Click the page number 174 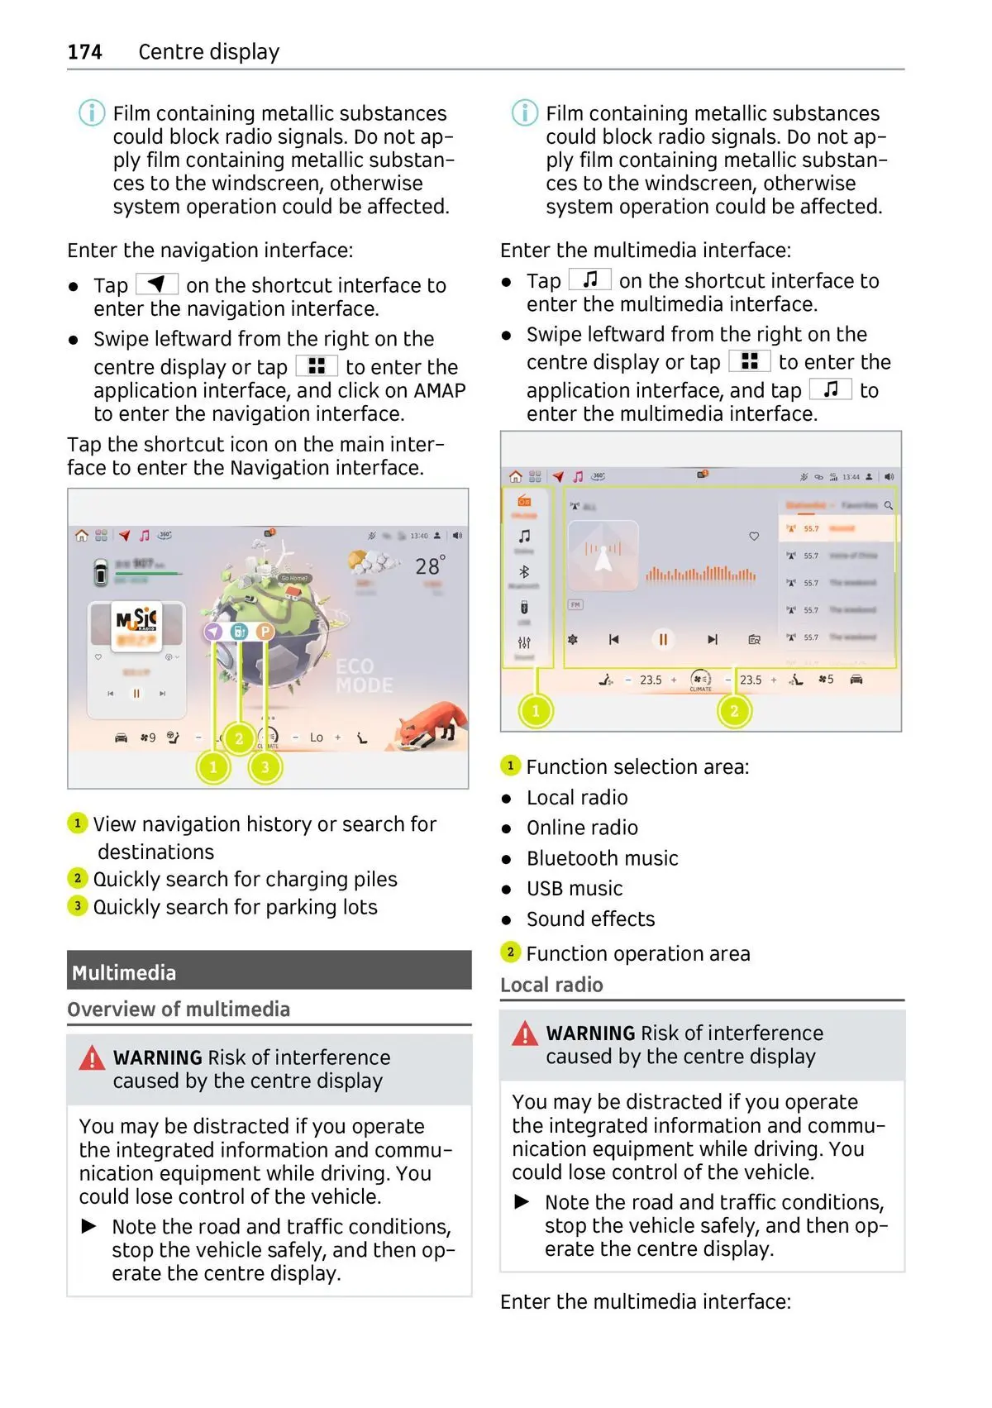click(x=84, y=52)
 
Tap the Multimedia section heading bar click(x=269, y=971)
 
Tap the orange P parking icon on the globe click(x=265, y=632)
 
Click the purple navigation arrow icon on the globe click(x=214, y=632)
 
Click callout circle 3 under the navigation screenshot click(x=265, y=767)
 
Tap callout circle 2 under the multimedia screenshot click(x=734, y=710)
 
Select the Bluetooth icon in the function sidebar click(x=524, y=571)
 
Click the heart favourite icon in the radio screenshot click(x=754, y=537)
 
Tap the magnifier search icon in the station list click(x=889, y=505)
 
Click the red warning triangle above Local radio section click(x=525, y=1033)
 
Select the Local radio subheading click(x=551, y=985)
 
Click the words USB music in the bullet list click(x=575, y=889)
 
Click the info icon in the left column click(x=92, y=112)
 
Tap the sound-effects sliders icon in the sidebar click(x=524, y=642)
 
